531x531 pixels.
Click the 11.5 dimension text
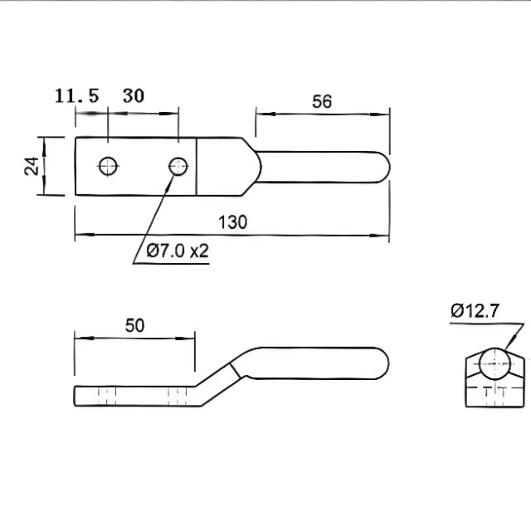tap(76, 95)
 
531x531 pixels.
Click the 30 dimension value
tap(133, 95)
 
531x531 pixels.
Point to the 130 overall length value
tap(232, 222)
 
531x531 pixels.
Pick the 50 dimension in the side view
tap(134, 324)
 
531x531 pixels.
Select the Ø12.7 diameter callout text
tap(475, 311)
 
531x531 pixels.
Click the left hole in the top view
tap(107, 166)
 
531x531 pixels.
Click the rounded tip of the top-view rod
tap(383, 166)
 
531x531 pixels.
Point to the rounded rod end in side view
tap(382, 363)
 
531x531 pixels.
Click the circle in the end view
tap(494, 363)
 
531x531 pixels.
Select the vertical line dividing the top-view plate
tap(197, 166)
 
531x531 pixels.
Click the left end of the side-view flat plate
tap(76, 395)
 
